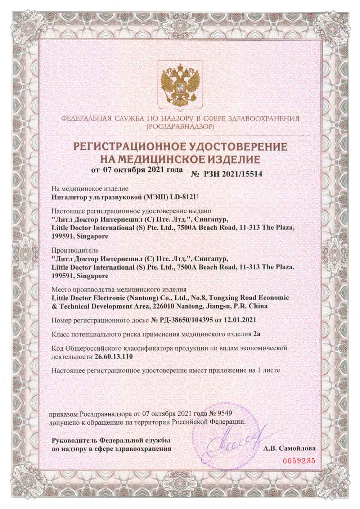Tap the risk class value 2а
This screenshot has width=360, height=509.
point(257,334)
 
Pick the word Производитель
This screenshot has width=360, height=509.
point(70,249)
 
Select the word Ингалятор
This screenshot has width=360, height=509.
point(67,197)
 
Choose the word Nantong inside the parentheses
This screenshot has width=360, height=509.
point(144,298)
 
